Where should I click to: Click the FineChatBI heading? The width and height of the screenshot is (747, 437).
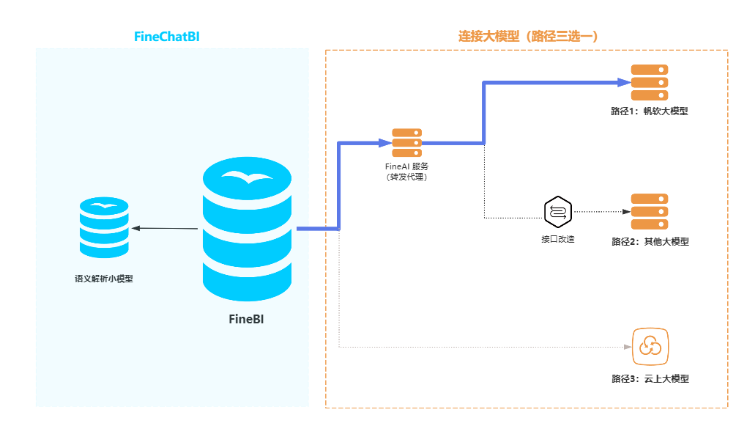(167, 36)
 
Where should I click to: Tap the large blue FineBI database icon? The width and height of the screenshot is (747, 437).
(247, 229)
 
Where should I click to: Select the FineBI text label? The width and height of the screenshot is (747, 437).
(247, 319)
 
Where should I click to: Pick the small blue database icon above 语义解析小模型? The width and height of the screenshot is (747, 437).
(104, 227)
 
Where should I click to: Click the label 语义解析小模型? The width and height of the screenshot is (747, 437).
(104, 279)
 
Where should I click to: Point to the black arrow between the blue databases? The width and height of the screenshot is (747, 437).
(166, 228)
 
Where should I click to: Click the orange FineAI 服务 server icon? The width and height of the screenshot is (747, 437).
(406, 143)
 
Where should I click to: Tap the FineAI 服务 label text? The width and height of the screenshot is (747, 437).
(406, 166)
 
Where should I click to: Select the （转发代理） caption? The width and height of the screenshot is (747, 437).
(406, 177)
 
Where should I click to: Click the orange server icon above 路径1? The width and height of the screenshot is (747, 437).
(650, 83)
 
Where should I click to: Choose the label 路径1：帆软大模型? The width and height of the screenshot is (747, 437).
(650, 111)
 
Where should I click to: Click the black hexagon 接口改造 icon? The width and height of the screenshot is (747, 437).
(557, 212)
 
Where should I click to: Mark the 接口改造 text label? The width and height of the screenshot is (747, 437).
(557, 239)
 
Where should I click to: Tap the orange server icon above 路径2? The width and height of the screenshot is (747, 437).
(650, 212)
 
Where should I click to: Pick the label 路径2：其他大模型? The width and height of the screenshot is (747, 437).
(650, 241)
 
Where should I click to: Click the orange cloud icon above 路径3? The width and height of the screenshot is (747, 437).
(650, 345)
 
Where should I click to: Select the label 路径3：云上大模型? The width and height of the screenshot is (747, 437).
(650, 378)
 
